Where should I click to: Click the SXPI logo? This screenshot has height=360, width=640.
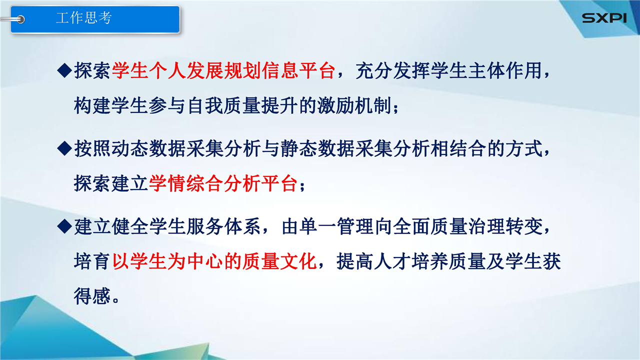(604, 18)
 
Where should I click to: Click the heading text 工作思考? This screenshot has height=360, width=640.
(84, 17)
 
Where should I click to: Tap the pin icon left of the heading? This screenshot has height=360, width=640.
(13, 19)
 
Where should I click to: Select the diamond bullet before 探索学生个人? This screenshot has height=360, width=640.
(64, 70)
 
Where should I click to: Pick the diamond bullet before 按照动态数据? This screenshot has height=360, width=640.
(64, 148)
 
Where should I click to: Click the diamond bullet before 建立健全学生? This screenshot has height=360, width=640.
(64, 226)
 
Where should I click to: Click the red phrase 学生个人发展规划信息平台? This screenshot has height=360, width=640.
(223, 70)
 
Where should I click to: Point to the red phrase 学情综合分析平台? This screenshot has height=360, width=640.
(223, 183)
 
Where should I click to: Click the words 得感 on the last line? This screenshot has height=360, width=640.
(92, 296)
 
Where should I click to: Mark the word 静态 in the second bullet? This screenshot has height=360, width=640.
(299, 148)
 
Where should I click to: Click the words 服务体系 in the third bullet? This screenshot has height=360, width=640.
(223, 226)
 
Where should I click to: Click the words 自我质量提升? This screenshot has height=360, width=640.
(242, 105)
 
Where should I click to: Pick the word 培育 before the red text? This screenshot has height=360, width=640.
(92, 261)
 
